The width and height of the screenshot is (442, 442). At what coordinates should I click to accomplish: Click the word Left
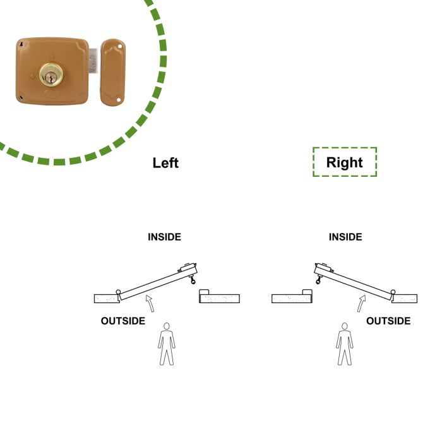point(165,162)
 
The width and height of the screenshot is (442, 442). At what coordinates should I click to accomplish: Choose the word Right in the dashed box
point(344,162)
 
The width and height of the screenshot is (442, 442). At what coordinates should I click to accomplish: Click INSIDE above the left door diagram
point(164,237)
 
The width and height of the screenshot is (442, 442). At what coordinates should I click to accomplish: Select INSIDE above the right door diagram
point(345,237)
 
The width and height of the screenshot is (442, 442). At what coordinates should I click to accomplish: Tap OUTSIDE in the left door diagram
point(122,321)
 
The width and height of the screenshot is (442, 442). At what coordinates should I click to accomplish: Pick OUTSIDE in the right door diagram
point(388,321)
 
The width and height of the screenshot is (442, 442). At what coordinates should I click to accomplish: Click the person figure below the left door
point(167,344)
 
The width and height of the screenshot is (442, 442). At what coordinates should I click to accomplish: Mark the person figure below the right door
point(344,344)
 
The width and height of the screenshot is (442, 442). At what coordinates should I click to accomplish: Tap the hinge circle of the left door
point(117,290)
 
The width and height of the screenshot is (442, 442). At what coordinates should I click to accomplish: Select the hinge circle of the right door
point(393,292)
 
